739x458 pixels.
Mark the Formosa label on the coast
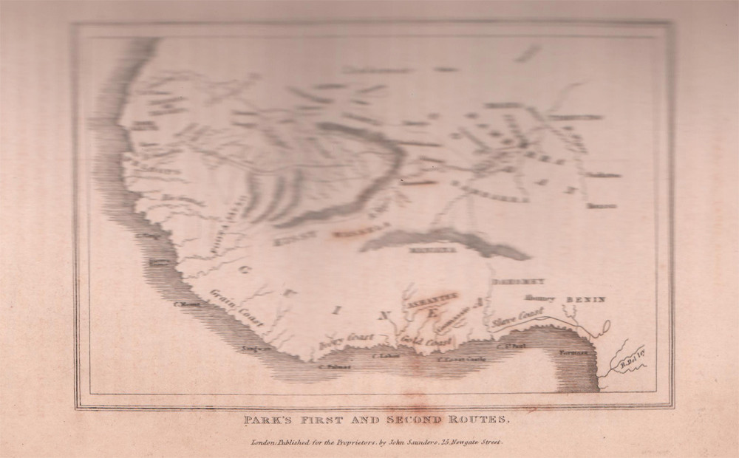[x=573, y=353]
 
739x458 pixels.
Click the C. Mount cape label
[x=183, y=303]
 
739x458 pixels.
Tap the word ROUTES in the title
[x=480, y=420]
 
